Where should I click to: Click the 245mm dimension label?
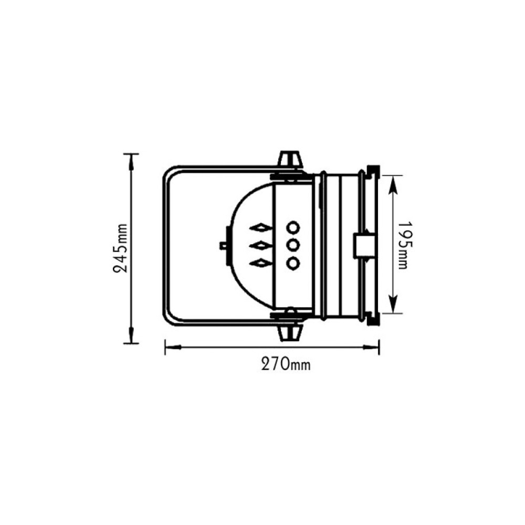pyautogui.click(x=121, y=248)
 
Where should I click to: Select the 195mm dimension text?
pyautogui.click(x=403, y=245)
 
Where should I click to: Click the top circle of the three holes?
pyautogui.click(x=293, y=227)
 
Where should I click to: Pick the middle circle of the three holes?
pyautogui.click(x=293, y=245)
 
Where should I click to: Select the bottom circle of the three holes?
pyautogui.click(x=293, y=262)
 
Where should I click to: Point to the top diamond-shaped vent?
pyautogui.click(x=261, y=227)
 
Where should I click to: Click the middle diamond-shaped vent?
pyautogui.click(x=261, y=245)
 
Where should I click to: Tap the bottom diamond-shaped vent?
pyautogui.click(x=261, y=263)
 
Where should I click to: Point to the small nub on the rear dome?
pyautogui.click(x=223, y=245)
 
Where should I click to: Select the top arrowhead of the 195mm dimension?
pyautogui.click(x=393, y=181)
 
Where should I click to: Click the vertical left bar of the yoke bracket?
pyautogui.click(x=165, y=245)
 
